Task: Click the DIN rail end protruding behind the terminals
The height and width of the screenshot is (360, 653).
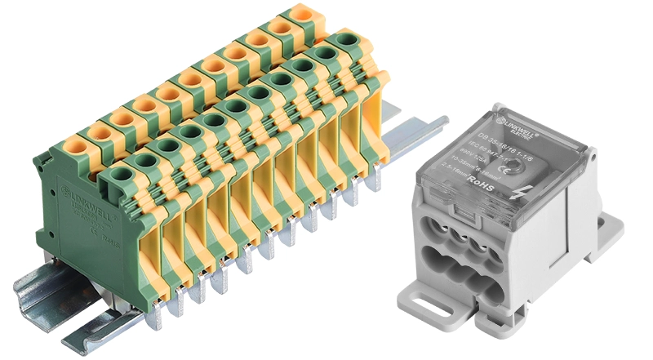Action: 424,131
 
